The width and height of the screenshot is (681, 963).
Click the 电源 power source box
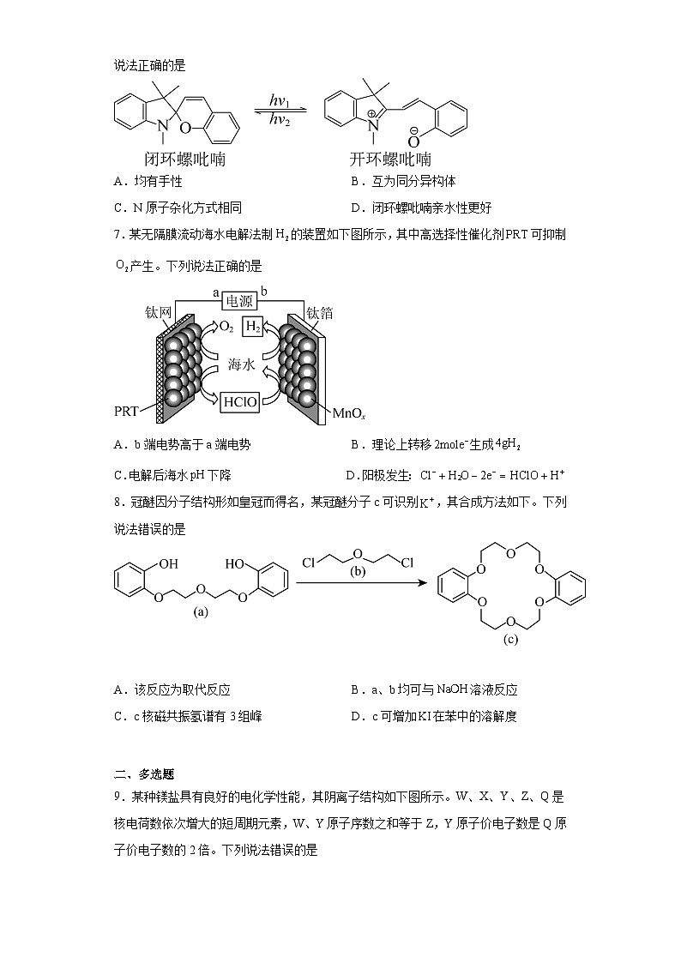241,301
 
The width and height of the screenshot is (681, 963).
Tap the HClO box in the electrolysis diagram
239,401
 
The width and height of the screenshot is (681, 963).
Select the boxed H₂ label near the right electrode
254,327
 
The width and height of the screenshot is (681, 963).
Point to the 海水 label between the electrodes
241,364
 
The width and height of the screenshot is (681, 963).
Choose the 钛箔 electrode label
320,314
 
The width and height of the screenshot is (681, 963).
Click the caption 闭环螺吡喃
186,159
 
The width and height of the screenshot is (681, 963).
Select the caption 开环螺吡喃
390,159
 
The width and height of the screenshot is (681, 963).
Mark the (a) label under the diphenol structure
202,611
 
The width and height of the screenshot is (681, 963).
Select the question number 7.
118,234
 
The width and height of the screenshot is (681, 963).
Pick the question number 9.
118,797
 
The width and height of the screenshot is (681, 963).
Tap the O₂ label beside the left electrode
226,327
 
